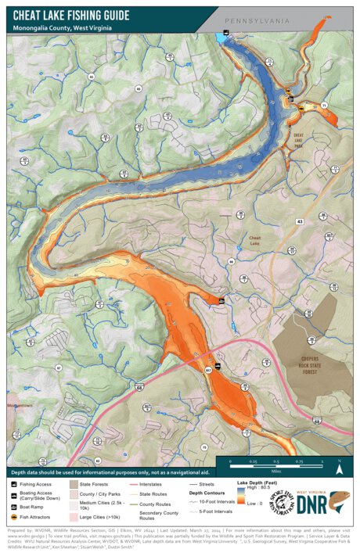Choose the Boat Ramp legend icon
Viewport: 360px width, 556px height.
pos(15,506)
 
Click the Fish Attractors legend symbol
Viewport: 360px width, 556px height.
pos(15,517)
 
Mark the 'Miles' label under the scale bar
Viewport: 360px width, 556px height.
pos(277,472)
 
